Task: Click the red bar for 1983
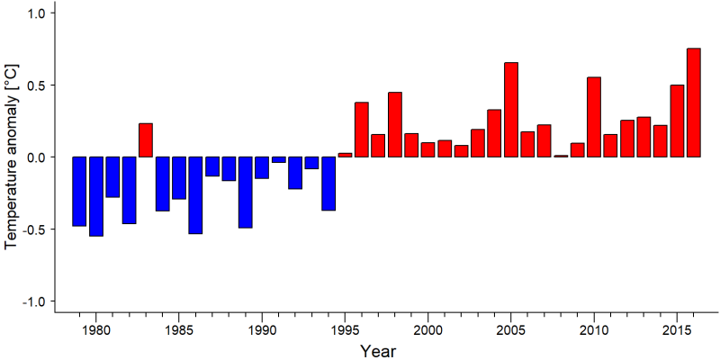coord(146,140)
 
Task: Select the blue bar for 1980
coord(96,196)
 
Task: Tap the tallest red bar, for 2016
coord(694,103)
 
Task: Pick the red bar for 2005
coord(511,110)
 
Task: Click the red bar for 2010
coord(594,117)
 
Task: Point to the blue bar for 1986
coord(195,195)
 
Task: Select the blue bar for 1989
coord(245,193)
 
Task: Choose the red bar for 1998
coord(395,124)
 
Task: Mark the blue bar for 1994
coord(328,184)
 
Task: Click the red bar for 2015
coord(678,121)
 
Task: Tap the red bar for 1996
coord(362,130)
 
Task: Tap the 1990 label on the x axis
coord(262,330)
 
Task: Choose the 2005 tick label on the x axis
coord(511,330)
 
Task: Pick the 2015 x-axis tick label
coord(678,330)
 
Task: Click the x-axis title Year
coord(377,351)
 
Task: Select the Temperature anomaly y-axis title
coord(13,157)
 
